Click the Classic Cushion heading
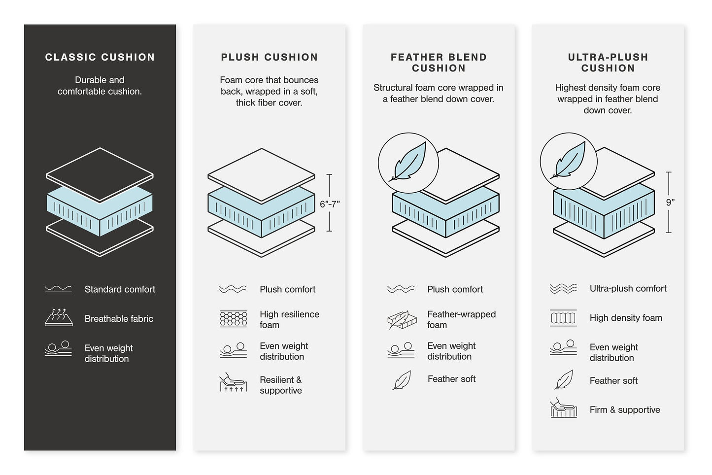(100, 57)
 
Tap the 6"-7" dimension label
(329, 204)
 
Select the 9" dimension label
(670, 202)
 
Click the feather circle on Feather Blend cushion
(408, 163)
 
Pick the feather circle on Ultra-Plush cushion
(569, 161)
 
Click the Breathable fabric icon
(58, 318)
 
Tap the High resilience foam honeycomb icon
(233, 319)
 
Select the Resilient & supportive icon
(233, 383)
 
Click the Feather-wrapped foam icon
(402, 320)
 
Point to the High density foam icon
(563, 318)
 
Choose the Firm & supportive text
(624, 410)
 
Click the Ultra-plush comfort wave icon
(563, 289)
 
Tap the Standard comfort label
(120, 289)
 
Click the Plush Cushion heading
(269, 57)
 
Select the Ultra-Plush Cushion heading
(608, 63)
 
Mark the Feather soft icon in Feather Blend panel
(402, 380)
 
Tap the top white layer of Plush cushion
(261, 174)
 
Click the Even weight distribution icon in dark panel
(58, 349)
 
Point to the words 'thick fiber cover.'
(269, 103)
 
